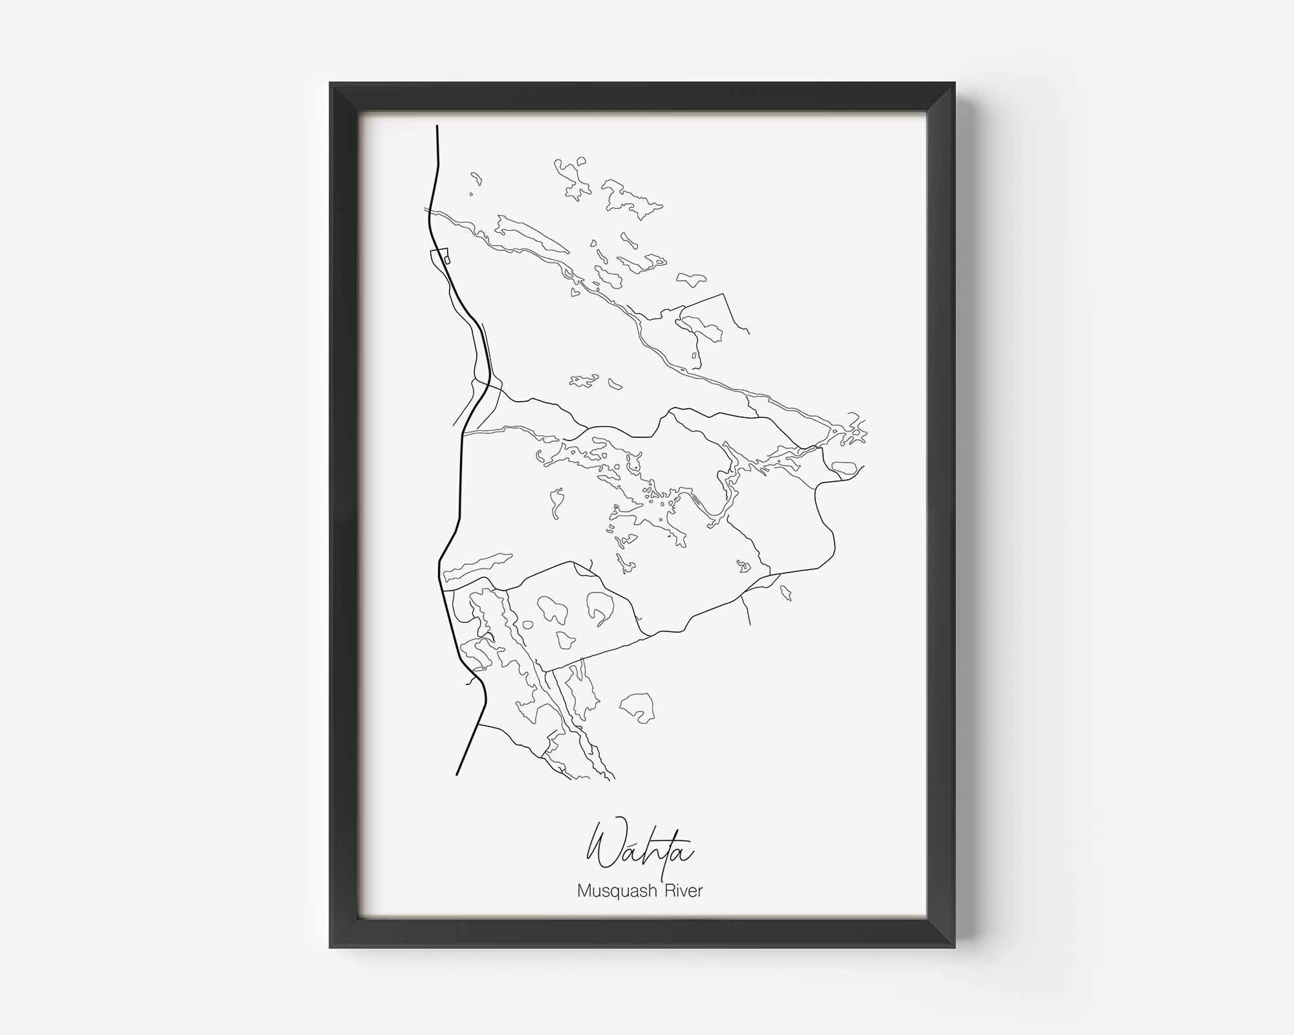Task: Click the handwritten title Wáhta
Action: tap(641, 852)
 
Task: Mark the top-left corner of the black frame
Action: tap(331, 83)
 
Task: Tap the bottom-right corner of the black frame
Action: tap(954, 948)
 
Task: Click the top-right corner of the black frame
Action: tap(954, 83)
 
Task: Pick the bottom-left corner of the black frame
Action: tap(331, 948)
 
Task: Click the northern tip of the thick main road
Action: tap(438, 126)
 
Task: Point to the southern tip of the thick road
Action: tap(457, 774)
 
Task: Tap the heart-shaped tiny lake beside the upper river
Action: tap(573, 292)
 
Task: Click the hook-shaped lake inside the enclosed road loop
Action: tap(599, 608)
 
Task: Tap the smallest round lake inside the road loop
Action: tap(527, 626)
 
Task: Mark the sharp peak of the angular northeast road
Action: tap(723, 294)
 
